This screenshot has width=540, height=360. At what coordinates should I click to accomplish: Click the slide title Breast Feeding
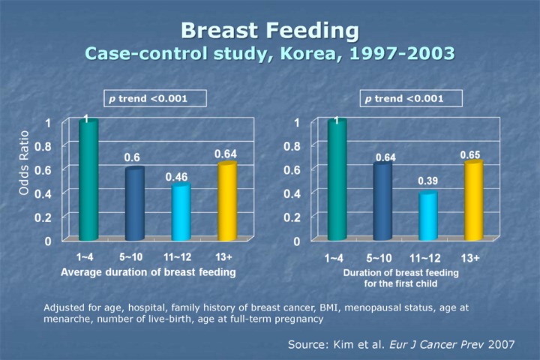[x=270, y=31]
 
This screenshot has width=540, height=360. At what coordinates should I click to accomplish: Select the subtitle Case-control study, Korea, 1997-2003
[x=270, y=54]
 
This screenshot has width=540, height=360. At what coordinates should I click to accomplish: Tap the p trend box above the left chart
[x=154, y=98]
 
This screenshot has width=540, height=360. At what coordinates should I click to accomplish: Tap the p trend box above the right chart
[x=411, y=98]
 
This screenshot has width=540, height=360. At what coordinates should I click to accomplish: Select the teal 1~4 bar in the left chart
[x=88, y=181]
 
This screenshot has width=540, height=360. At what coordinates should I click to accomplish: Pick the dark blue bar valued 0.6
[x=134, y=204]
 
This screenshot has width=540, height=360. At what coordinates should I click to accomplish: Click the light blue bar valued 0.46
[x=181, y=212]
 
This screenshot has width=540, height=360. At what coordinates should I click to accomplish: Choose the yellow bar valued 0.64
[x=226, y=202]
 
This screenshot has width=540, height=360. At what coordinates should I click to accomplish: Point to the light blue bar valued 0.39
[x=427, y=216]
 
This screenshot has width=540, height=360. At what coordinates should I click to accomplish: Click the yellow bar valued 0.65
[x=473, y=201]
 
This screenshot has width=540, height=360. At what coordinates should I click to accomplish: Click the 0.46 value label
[x=177, y=177]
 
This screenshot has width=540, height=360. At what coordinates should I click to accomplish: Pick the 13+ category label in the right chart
[x=470, y=259]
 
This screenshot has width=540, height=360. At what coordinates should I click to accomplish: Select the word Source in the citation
[x=308, y=344]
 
